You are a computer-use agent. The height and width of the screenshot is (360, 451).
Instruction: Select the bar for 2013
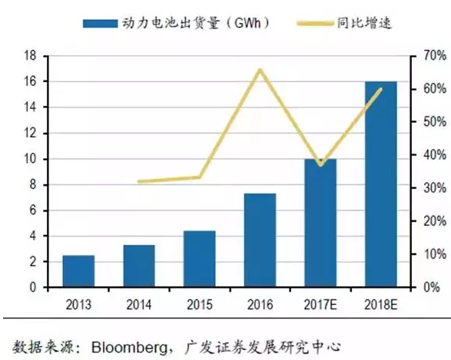tap(78, 271)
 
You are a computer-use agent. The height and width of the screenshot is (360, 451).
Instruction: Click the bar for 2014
tap(138, 266)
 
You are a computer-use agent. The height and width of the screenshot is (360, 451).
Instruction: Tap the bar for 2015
tap(199, 259)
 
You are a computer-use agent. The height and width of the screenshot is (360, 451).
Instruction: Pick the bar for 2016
tap(260, 240)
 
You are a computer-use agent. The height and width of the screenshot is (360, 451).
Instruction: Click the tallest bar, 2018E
tap(380, 184)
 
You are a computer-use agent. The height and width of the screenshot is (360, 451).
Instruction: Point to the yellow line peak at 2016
tap(260, 70)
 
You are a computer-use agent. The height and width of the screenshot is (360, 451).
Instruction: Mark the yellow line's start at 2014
tap(139, 182)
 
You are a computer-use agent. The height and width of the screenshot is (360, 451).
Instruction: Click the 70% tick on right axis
tap(428, 55)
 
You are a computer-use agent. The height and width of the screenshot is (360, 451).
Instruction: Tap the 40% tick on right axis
tap(428, 155)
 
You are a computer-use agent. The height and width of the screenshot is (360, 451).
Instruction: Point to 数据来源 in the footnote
tap(39, 345)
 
